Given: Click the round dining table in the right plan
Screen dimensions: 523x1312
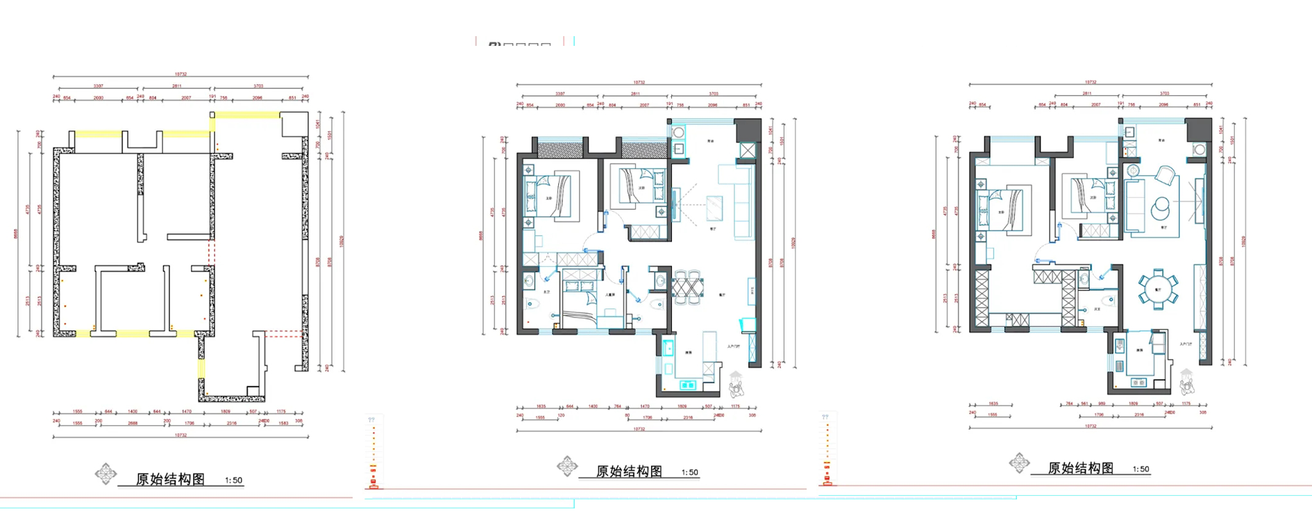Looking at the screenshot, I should [x=1157, y=290].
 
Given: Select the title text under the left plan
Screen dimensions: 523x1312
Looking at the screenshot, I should [x=170, y=479].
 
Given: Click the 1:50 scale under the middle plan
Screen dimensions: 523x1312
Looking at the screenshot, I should [x=689, y=472].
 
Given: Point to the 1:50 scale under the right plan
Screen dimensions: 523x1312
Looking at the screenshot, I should [x=1141, y=470].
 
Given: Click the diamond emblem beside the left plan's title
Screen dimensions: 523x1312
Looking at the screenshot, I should [x=106, y=474].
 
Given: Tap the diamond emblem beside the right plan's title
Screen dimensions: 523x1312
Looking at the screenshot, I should [x=1019, y=463].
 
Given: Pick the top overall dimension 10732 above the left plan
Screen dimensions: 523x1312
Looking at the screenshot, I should [x=180, y=74].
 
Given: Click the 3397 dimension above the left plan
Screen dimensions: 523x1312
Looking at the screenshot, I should [x=99, y=86].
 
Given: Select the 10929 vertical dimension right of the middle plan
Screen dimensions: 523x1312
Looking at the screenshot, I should [x=793, y=243].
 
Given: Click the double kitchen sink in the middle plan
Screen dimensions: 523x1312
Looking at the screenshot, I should [x=687, y=384].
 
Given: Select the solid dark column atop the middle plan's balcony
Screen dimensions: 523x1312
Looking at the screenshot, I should [x=747, y=129].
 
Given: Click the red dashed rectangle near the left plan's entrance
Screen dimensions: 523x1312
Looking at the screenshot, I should [x=285, y=333].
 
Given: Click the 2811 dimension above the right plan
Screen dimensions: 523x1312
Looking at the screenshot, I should [x=1086, y=93].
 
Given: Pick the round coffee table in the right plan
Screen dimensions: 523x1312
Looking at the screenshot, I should [x=1161, y=206].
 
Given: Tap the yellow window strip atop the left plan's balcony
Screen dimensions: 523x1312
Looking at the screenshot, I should [x=246, y=115].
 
